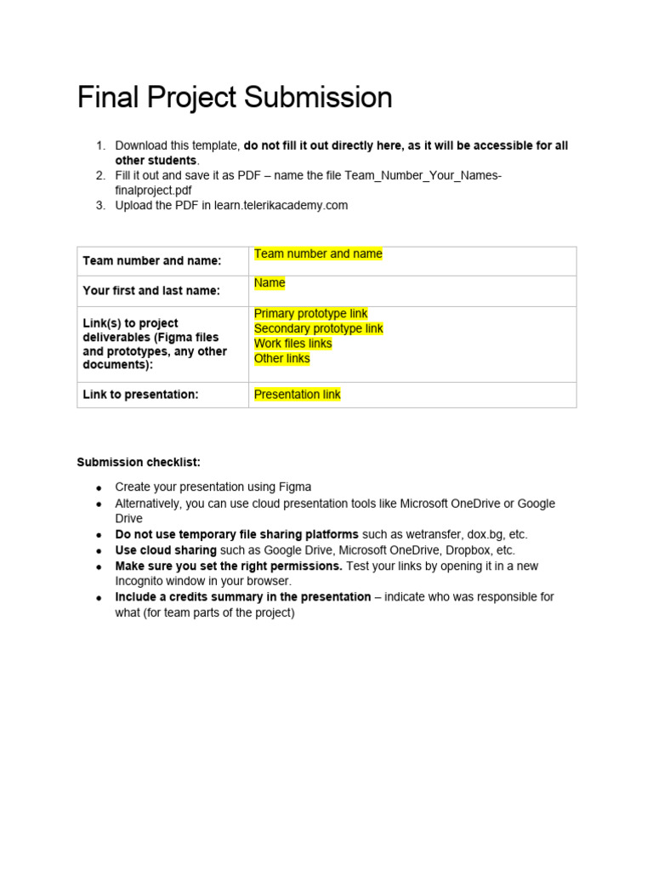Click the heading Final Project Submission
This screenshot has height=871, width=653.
235,98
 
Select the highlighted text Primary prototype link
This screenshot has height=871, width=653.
310,314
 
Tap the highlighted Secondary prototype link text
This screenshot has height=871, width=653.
318,328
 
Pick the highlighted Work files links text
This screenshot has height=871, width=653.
292,344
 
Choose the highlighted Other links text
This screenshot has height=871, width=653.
281,358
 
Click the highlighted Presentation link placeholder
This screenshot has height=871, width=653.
297,395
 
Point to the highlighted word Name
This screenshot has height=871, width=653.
270,282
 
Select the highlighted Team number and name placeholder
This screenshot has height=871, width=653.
318,253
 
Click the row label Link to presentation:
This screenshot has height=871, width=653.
140,395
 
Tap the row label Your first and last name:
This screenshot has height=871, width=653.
150,290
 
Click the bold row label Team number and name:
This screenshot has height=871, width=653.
151,261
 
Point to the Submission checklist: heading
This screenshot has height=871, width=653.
139,462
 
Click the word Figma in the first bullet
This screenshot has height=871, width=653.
295,487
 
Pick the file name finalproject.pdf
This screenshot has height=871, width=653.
153,190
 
